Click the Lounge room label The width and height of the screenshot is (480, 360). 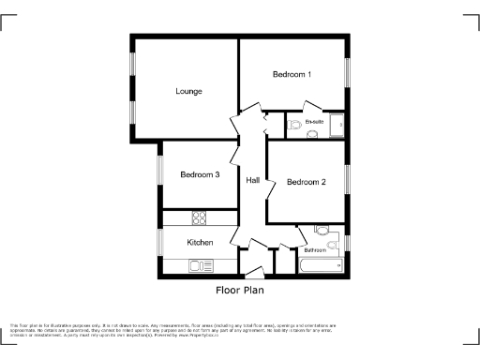pos(189,91)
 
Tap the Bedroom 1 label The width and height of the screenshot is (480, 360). pos(292,74)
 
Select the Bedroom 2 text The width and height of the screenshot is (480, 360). pos(306,182)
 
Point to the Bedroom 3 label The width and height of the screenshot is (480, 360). pos(200,174)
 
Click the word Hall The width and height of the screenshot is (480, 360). pos(253,180)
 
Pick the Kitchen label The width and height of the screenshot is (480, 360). pos(200,243)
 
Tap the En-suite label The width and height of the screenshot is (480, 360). pos(314,122)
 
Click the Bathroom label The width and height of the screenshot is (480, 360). pos(315,250)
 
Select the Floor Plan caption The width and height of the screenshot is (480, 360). pos(239,292)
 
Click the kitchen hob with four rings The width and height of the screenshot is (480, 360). pos(200,217)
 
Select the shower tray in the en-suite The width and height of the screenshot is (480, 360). pos(335,126)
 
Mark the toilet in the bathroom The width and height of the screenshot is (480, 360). pos(322,231)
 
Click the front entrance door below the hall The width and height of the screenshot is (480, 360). pos(253,275)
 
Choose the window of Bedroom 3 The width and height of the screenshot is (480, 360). pos(159,174)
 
